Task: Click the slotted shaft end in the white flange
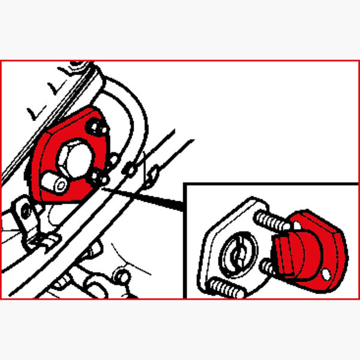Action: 235,255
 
